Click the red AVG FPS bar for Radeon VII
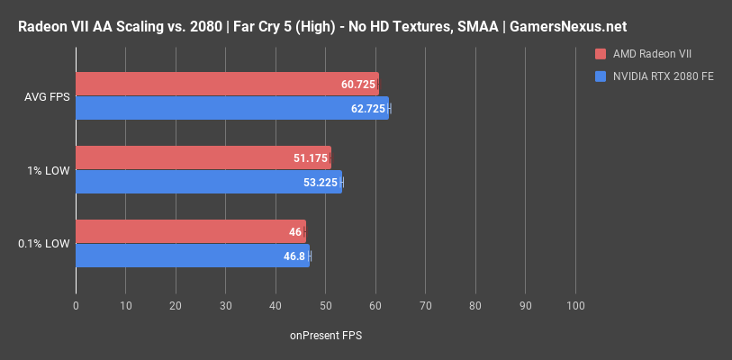pos(225,84)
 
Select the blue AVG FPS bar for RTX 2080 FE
pos(230,108)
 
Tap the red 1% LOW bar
pos(203,157)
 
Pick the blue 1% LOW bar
pos(207,182)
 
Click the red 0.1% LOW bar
pos(189,231)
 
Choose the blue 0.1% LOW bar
pos(191,256)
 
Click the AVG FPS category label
pos(45,96)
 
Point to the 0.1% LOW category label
pos(44,244)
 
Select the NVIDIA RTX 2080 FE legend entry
pos(664,76)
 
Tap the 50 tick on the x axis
pos(325,306)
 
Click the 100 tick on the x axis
pos(574,306)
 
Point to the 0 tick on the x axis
pos(76,306)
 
